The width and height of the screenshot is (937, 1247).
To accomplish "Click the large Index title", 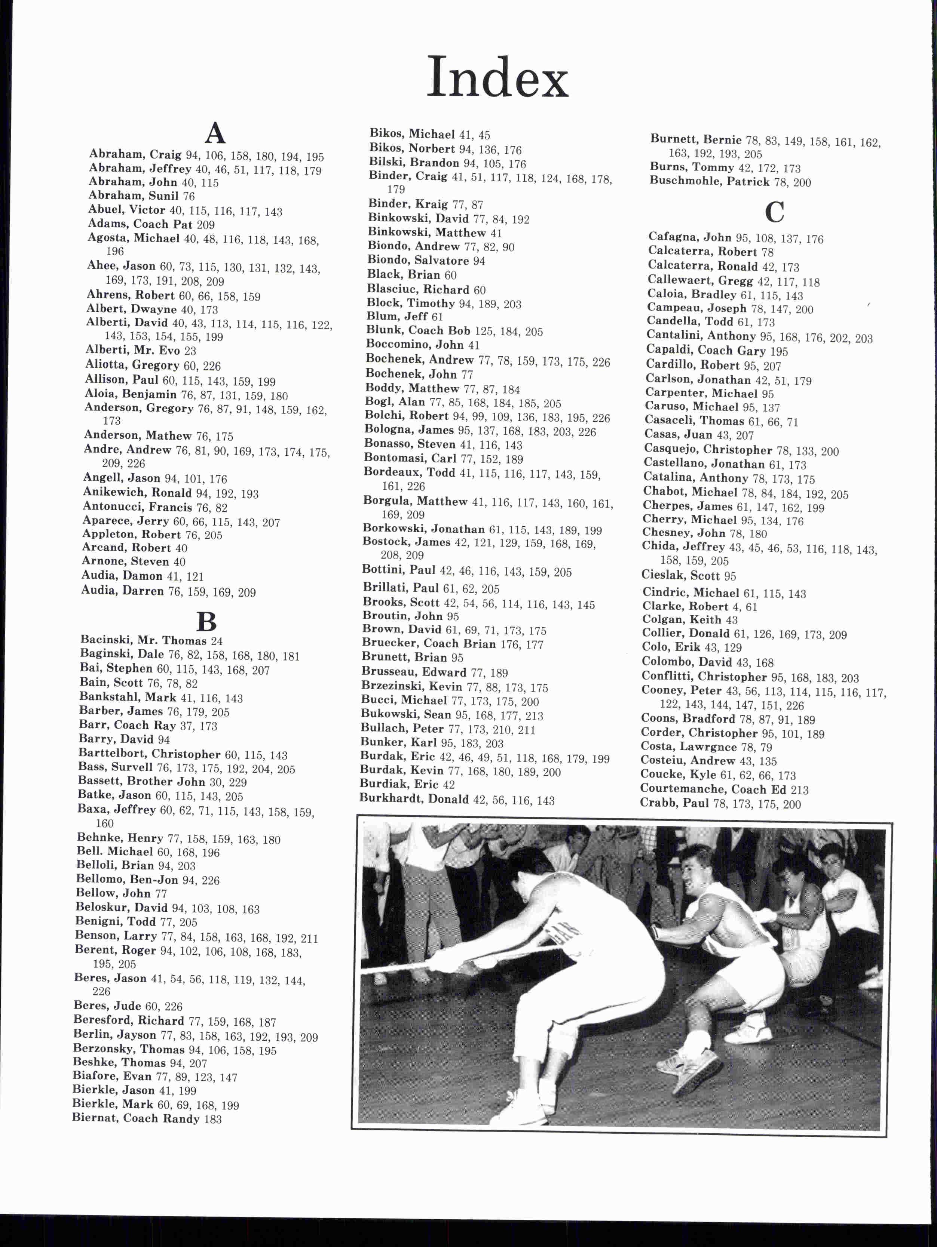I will [x=497, y=78].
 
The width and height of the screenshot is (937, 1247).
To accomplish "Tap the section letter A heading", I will [x=215, y=133].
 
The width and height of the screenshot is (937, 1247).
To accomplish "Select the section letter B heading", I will [x=206, y=622].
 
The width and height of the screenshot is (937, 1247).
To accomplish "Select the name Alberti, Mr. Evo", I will [x=132, y=351].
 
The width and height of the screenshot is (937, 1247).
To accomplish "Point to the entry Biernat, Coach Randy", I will [x=135, y=1118].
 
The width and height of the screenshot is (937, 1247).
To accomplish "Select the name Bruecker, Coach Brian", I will [x=428, y=644].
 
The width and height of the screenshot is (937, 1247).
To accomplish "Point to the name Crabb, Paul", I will [x=674, y=803].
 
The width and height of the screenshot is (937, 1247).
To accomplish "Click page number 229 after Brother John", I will [x=238, y=782].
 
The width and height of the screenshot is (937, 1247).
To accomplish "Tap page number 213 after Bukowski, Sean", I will [x=533, y=716].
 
